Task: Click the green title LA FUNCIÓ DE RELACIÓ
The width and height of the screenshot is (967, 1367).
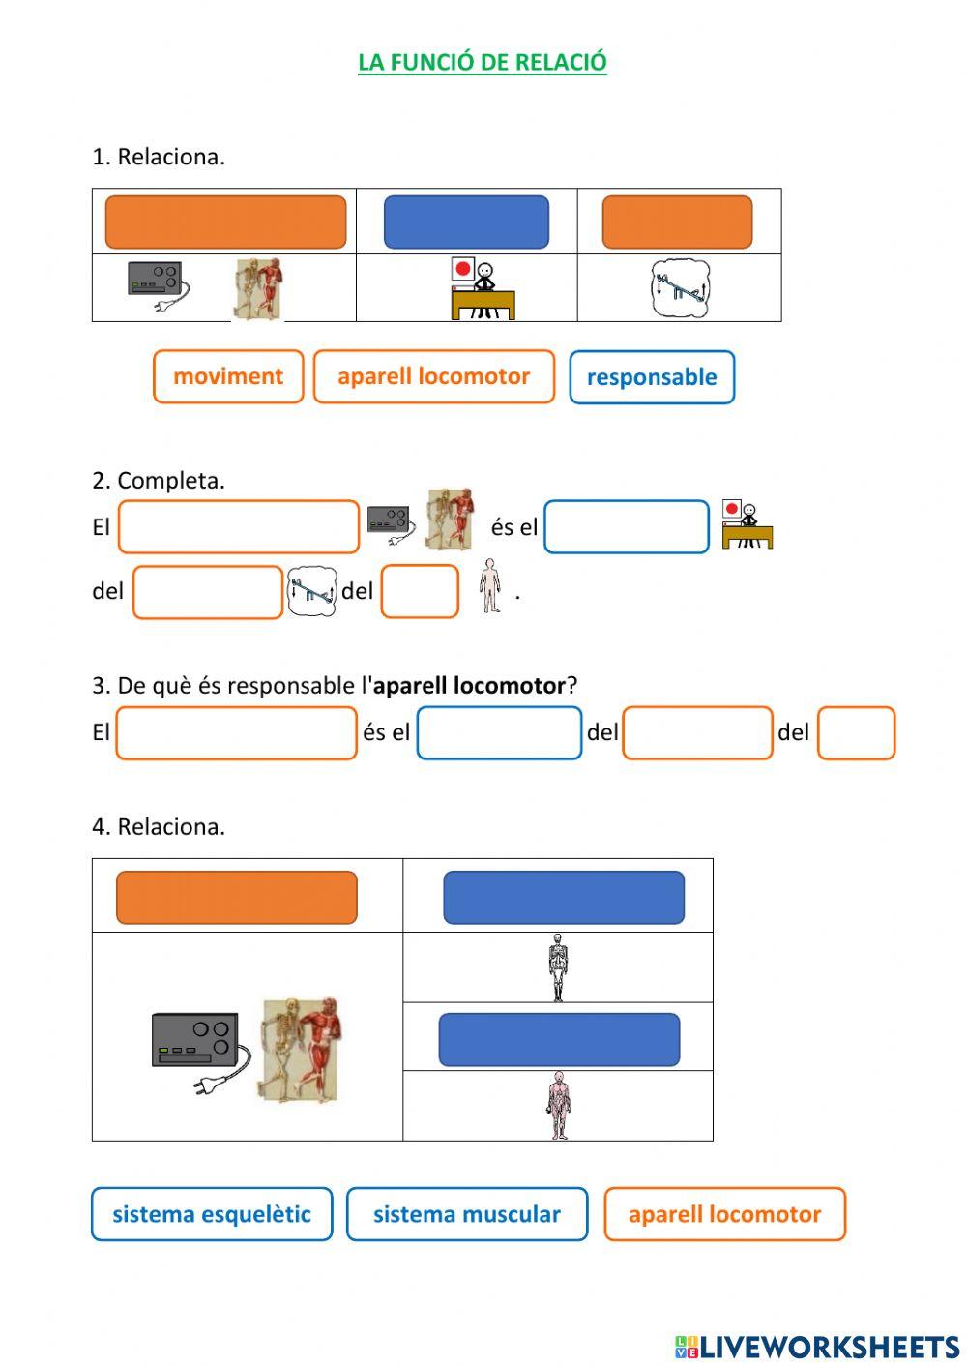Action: coord(482,62)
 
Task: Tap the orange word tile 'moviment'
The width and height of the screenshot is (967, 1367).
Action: coord(228,376)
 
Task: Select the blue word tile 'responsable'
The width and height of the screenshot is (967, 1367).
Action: coord(652,377)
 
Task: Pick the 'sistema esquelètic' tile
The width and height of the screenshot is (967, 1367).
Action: coord(212,1214)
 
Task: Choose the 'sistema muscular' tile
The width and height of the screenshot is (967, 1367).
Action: coord(467,1214)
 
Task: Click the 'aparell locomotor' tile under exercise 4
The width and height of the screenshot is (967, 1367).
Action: coord(724,1214)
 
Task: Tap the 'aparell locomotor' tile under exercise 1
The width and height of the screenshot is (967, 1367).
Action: coord(434,376)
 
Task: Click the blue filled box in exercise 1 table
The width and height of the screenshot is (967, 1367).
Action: coord(466,222)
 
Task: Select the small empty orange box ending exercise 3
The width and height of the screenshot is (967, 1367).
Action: coord(856,733)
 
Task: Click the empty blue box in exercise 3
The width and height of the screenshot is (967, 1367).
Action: coord(499,733)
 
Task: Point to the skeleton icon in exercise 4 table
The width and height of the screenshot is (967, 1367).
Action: coord(558,966)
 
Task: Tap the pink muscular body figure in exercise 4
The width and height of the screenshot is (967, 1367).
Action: coord(558,1105)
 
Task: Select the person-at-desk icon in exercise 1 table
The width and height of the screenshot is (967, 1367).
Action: coord(482,288)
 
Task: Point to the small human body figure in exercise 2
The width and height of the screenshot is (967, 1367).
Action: coord(490,585)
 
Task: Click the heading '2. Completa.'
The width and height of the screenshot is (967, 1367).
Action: coord(159,480)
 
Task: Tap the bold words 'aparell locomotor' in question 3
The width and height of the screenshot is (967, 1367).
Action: coord(469,686)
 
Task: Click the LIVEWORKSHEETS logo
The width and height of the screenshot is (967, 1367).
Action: coord(817,1347)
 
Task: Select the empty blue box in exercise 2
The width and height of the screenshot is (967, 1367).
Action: coord(627,527)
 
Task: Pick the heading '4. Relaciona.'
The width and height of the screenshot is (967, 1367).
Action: coord(159,826)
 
